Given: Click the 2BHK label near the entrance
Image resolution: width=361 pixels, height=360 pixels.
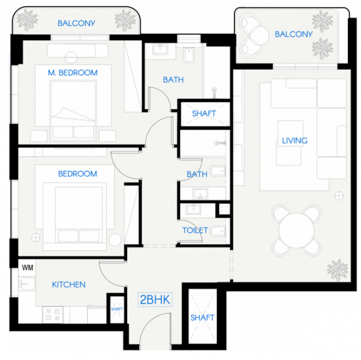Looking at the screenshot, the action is click(x=155, y=299).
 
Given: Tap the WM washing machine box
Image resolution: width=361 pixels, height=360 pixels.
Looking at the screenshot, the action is click(x=27, y=268).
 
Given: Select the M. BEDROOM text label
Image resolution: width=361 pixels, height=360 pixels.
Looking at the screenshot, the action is click(x=73, y=73).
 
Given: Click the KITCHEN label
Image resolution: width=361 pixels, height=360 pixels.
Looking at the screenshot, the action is click(x=69, y=285).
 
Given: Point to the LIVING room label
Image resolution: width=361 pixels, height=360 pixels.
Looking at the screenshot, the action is click(x=295, y=141).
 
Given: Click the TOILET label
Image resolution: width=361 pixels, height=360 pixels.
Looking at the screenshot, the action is click(x=195, y=230).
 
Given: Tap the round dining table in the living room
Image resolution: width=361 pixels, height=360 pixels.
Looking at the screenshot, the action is click(x=296, y=230).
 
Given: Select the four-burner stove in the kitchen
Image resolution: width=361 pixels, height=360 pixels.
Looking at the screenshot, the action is click(x=53, y=314).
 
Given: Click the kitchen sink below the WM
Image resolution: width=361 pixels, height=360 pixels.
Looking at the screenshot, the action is click(x=26, y=283).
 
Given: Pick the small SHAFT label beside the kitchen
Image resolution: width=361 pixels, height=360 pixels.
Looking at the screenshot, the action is click(x=117, y=309).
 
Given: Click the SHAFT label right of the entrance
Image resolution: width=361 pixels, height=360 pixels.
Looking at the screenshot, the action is click(x=202, y=318).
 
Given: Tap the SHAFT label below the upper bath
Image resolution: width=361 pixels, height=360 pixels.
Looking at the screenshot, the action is click(x=204, y=114).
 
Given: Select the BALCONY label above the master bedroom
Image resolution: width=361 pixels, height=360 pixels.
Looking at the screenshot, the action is click(x=76, y=23).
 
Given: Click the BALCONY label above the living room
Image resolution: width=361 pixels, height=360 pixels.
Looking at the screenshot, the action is click(x=294, y=34).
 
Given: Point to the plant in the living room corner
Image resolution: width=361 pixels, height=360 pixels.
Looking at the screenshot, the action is click(x=337, y=270).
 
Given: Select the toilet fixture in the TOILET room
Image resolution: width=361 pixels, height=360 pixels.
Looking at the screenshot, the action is click(x=218, y=231).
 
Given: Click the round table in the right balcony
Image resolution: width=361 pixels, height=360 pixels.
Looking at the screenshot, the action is click(x=259, y=35).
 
